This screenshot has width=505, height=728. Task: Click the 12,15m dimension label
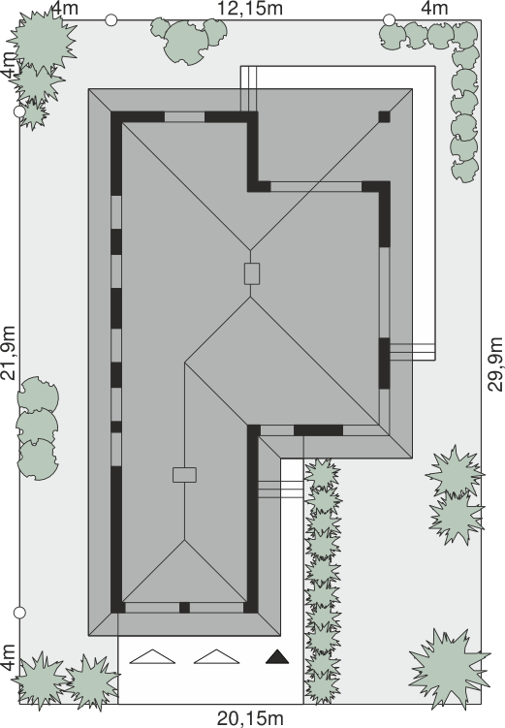coord(250,8)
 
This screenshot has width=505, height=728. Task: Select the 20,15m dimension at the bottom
coord(250,718)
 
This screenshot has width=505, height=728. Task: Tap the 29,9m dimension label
coord(495,364)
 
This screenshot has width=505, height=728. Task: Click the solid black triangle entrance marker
coord(277,656)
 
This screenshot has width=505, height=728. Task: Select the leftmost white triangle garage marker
coord(152,656)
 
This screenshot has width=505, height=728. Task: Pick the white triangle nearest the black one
coord(216,656)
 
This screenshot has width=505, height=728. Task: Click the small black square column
coord(384,116)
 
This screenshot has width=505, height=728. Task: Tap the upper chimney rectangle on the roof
coord(252,273)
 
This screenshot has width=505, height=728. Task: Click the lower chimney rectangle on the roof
coord(184,475)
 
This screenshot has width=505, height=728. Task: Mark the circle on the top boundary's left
coord(110,20)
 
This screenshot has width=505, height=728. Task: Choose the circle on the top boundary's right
coord(389,20)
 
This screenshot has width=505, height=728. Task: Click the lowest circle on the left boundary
coord(19,613)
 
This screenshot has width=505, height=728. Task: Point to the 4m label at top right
coord(434,8)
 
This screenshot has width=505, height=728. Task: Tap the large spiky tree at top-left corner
coord(43,42)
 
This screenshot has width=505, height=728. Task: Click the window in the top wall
coord(184,116)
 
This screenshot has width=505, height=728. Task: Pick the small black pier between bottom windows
coord(184,607)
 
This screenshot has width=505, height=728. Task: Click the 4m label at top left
coord(64,8)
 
